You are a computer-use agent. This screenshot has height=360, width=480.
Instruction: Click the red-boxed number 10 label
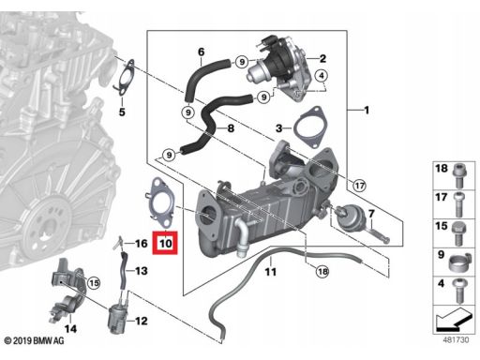(x=165, y=243)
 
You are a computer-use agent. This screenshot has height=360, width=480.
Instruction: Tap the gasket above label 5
(x=124, y=77)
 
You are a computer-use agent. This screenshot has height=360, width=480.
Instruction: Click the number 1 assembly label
(x=367, y=110)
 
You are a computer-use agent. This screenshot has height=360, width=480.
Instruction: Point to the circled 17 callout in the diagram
(x=359, y=186)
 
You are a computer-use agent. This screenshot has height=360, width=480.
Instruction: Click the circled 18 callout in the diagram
(x=322, y=271)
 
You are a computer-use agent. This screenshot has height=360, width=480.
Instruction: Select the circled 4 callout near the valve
(x=322, y=75)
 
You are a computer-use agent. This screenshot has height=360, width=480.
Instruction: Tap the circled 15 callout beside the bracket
(x=94, y=283)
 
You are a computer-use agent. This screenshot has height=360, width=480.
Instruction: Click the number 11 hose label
(x=271, y=272)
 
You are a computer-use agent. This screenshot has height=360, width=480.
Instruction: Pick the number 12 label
(x=142, y=321)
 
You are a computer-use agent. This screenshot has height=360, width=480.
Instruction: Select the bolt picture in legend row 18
(x=459, y=174)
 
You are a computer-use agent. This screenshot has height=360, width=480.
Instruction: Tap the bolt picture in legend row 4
(x=458, y=292)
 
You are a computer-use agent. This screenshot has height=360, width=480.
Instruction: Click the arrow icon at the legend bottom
(x=453, y=321)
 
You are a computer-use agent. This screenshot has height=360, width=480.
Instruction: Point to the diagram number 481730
(x=456, y=339)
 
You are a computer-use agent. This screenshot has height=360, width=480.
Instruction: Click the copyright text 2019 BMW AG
(x=34, y=340)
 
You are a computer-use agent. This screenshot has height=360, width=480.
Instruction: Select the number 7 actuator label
(x=371, y=214)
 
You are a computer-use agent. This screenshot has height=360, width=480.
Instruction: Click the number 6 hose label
(x=202, y=52)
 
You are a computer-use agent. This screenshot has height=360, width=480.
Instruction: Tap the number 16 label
(x=141, y=244)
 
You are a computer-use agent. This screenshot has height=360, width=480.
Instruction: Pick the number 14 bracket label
(x=70, y=329)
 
